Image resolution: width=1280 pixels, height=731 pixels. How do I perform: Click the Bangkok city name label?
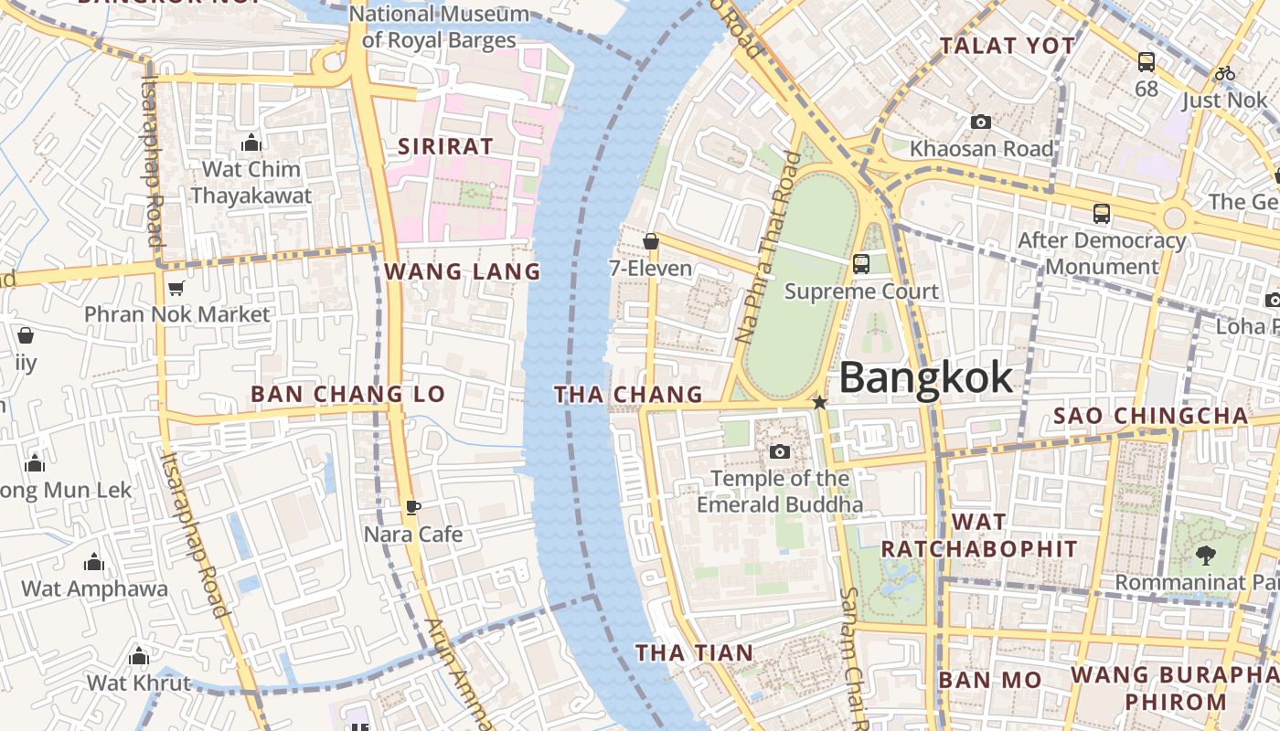pos(925,377)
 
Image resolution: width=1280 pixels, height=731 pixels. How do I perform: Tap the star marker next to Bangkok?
pos(820,402)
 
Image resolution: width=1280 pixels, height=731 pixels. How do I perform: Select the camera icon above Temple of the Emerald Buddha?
pos(780,451)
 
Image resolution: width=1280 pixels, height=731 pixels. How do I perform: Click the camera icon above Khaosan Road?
pos(980,122)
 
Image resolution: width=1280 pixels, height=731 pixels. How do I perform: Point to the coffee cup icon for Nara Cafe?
pos(413,507)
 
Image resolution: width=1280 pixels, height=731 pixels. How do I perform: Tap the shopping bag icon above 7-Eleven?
pos(651,241)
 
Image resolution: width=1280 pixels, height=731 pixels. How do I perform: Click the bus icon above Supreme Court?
pos(861,264)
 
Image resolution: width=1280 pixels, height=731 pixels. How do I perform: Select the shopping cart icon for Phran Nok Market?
pos(176,288)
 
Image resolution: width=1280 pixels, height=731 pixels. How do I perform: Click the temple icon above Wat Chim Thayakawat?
pos(251,143)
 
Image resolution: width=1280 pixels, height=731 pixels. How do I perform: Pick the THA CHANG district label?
pos(628,395)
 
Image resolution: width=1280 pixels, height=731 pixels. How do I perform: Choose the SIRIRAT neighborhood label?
pos(445,146)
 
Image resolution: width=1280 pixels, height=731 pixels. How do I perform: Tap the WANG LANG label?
pos(463,271)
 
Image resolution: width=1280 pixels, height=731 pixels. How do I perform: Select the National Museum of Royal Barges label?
pos(439,27)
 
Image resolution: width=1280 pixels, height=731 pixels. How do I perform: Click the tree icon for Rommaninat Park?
pos(1205,555)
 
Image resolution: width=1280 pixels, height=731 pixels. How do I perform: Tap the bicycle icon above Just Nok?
pos(1225,73)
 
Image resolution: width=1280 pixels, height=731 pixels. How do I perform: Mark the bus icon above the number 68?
pos(1147,62)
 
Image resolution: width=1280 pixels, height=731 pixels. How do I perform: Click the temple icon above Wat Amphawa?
pos(93,562)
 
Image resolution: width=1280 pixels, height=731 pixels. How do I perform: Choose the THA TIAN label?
pos(695,652)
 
